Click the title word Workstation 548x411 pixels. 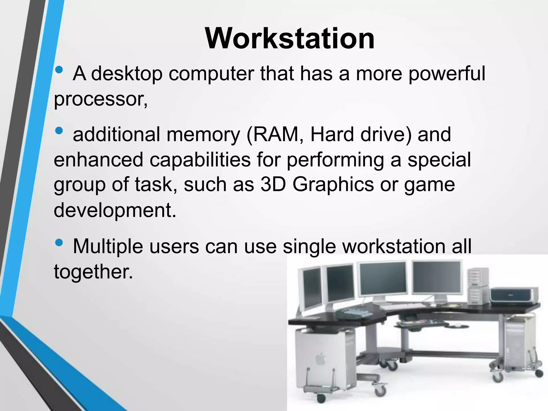290,39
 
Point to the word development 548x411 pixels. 115,210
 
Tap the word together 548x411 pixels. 93,271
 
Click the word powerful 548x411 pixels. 447,74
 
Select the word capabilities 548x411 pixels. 200,160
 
